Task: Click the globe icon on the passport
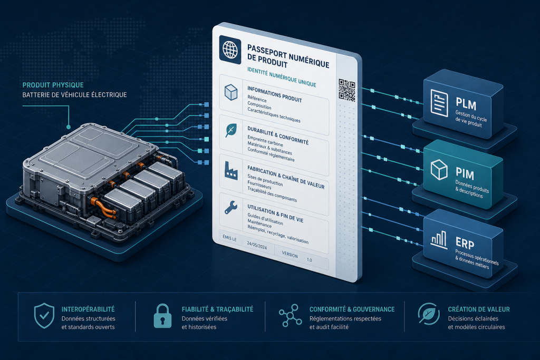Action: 230,50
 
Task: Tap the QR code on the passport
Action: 346,91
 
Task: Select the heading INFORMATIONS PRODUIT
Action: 274,94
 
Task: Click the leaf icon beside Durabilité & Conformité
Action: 231,130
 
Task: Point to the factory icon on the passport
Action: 231,170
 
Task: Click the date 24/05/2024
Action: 257,246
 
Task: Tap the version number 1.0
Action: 309,260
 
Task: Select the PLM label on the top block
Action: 466,104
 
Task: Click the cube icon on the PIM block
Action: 439,169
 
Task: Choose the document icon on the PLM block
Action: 439,103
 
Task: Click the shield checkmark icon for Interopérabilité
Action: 44,316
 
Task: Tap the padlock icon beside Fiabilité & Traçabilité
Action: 162,316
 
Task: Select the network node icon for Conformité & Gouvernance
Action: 291,315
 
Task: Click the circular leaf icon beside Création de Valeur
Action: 429,314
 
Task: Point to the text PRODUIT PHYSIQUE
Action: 53,85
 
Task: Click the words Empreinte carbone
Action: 265,141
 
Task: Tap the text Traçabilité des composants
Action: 272,196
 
